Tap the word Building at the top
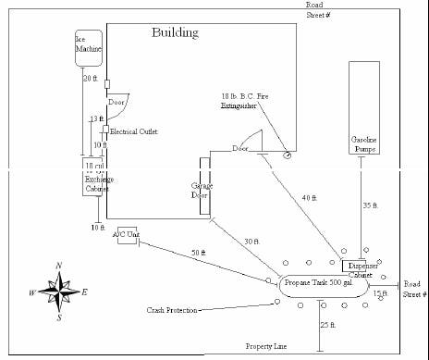pos(175,33)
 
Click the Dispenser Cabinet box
pos(359,267)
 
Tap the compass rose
pos(58,292)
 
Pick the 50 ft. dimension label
pos(198,253)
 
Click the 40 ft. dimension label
pos(310,197)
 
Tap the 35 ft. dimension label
pos(369,205)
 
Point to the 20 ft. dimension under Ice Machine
pos(90,79)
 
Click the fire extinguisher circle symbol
pos(288,155)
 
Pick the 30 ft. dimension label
pos(251,242)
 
